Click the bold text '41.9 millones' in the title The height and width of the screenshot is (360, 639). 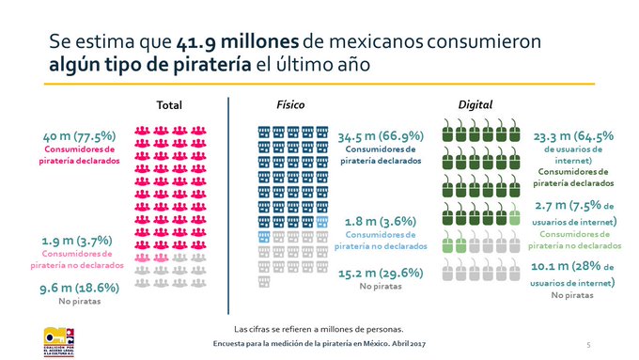230,42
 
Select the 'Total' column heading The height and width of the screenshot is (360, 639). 170,104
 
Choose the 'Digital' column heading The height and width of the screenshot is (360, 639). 475,104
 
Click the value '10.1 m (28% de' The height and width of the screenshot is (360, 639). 574,267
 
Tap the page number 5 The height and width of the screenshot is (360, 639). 588,345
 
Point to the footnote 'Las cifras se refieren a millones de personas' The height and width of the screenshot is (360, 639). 319,328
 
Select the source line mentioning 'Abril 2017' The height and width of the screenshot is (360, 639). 319,345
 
